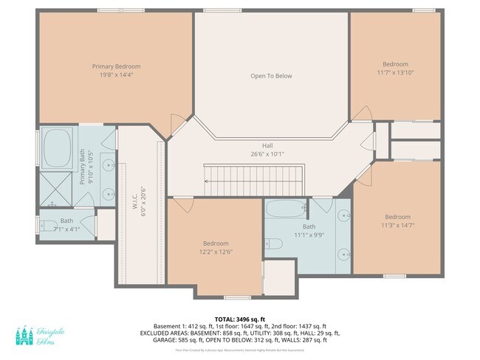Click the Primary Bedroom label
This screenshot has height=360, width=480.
[116, 66]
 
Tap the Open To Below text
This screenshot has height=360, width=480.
[271, 76]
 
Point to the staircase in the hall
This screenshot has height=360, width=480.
[254, 176]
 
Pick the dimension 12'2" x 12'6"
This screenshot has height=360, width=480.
[216, 252]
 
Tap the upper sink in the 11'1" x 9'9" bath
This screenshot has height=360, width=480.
[344, 216]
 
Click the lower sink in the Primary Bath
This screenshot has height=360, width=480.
[109, 194]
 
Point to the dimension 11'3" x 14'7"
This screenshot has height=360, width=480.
[397, 225]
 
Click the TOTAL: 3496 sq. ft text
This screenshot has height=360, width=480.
[240, 318]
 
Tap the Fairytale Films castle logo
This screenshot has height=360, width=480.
[24, 336]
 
